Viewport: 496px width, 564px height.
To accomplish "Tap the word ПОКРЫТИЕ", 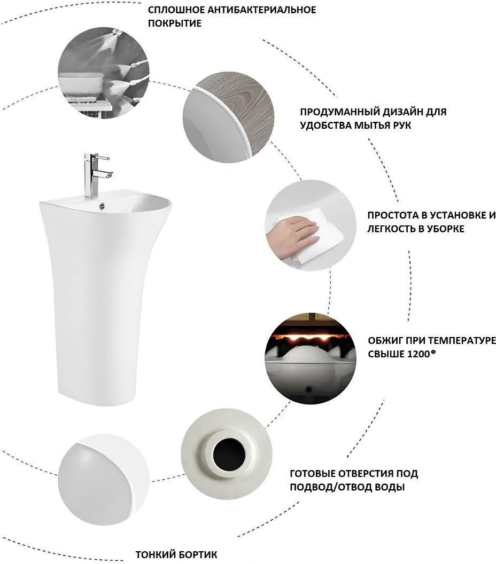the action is pos(175,23).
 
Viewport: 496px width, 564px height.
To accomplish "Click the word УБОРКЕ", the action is pos(445,229).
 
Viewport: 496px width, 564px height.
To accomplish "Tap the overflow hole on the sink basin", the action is pos(103,206).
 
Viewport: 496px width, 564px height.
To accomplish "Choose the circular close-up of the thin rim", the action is pos(104,479).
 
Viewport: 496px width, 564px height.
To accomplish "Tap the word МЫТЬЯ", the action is pos(374,126).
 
